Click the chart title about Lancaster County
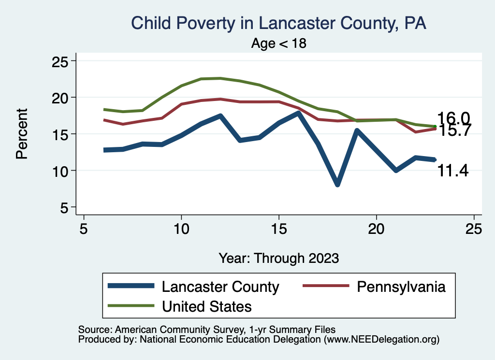(x=278, y=23)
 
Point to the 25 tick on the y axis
(x=61, y=61)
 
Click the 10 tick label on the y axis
(x=61, y=170)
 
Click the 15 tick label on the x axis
(x=278, y=229)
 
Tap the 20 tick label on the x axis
(x=376, y=229)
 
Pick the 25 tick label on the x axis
(x=474, y=229)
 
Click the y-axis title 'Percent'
(x=22, y=133)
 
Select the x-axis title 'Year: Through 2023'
(x=278, y=258)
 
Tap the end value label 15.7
(x=453, y=130)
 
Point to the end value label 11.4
(x=453, y=170)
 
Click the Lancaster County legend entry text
(x=220, y=287)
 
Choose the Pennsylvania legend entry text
(x=401, y=287)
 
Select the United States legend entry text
(x=207, y=306)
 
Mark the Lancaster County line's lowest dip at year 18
(x=337, y=184)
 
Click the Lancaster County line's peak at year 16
(x=298, y=113)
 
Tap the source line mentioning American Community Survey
(x=207, y=330)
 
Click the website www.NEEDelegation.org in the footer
(x=382, y=339)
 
